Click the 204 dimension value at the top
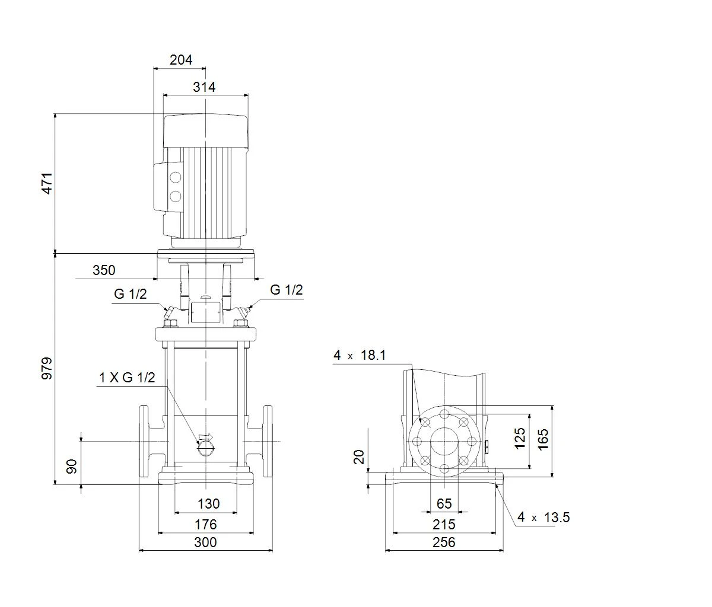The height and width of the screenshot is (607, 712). pyautogui.click(x=181, y=60)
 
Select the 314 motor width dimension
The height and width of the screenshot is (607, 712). pyautogui.click(x=204, y=87)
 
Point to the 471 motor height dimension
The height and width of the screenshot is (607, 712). pyautogui.click(x=47, y=183)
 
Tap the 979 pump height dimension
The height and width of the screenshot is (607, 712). pyautogui.click(x=47, y=369)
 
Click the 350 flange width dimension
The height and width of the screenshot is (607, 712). pyautogui.click(x=104, y=270)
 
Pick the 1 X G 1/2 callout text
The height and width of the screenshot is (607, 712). pyautogui.click(x=127, y=378)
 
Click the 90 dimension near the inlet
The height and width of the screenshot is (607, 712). pyautogui.click(x=72, y=467)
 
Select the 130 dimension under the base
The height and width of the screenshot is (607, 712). pyautogui.click(x=208, y=504)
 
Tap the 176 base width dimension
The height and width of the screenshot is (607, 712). pyautogui.click(x=206, y=525)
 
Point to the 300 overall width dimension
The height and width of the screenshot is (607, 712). pyautogui.click(x=206, y=542)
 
